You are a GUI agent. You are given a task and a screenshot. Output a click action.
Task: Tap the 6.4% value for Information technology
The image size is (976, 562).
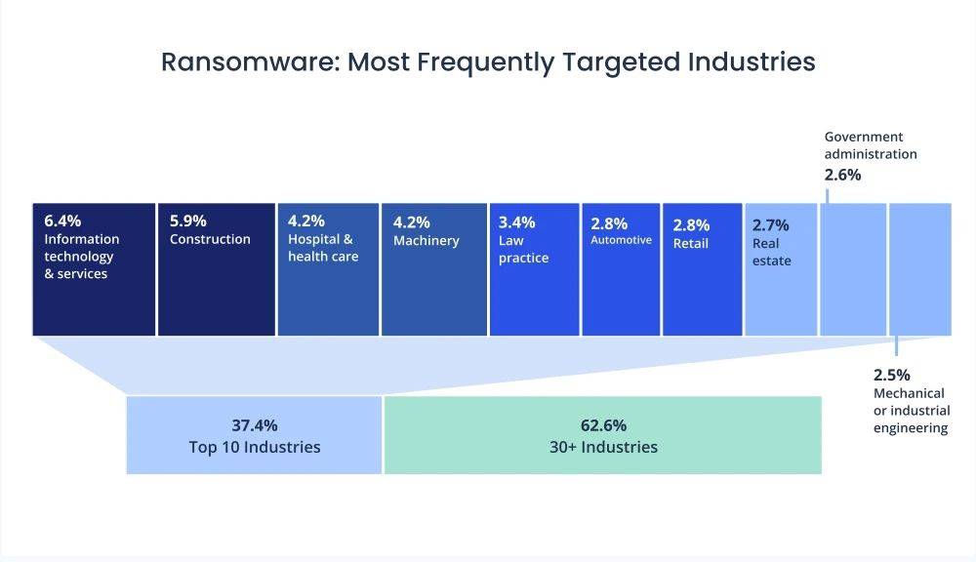tap(63, 221)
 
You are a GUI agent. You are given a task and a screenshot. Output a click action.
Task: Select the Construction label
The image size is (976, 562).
tap(210, 239)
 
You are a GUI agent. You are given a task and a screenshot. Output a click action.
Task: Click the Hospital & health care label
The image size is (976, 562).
tap(323, 248)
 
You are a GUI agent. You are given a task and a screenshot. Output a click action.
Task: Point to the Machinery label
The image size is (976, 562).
tap(427, 240)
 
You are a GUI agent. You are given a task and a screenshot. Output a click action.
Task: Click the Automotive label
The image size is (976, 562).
tap(621, 240)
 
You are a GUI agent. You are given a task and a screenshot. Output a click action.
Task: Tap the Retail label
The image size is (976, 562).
tap(690, 244)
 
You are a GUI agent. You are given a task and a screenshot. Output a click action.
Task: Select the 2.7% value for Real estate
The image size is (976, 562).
tap(771, 225)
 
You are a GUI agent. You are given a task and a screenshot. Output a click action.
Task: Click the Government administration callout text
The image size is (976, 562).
tap(871, 145)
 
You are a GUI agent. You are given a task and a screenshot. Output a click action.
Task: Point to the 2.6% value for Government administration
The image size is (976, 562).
tap(843, 176)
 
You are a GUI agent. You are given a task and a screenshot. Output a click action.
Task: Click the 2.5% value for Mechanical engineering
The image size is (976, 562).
tap(892, 374)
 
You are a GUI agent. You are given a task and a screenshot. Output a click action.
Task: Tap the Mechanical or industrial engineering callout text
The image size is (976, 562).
tap(912, 411)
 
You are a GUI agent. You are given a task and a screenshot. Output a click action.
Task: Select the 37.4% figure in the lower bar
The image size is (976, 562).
tap(255, 425)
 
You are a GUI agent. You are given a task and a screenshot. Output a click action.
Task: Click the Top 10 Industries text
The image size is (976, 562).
tap(255, 447)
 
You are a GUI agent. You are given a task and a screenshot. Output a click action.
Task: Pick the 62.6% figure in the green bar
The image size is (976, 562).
tap(602, 425)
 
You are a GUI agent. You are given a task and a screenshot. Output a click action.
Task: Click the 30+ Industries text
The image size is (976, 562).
tap(602, 447)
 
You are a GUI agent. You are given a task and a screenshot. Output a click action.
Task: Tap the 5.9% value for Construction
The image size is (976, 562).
tap(188, 221)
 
